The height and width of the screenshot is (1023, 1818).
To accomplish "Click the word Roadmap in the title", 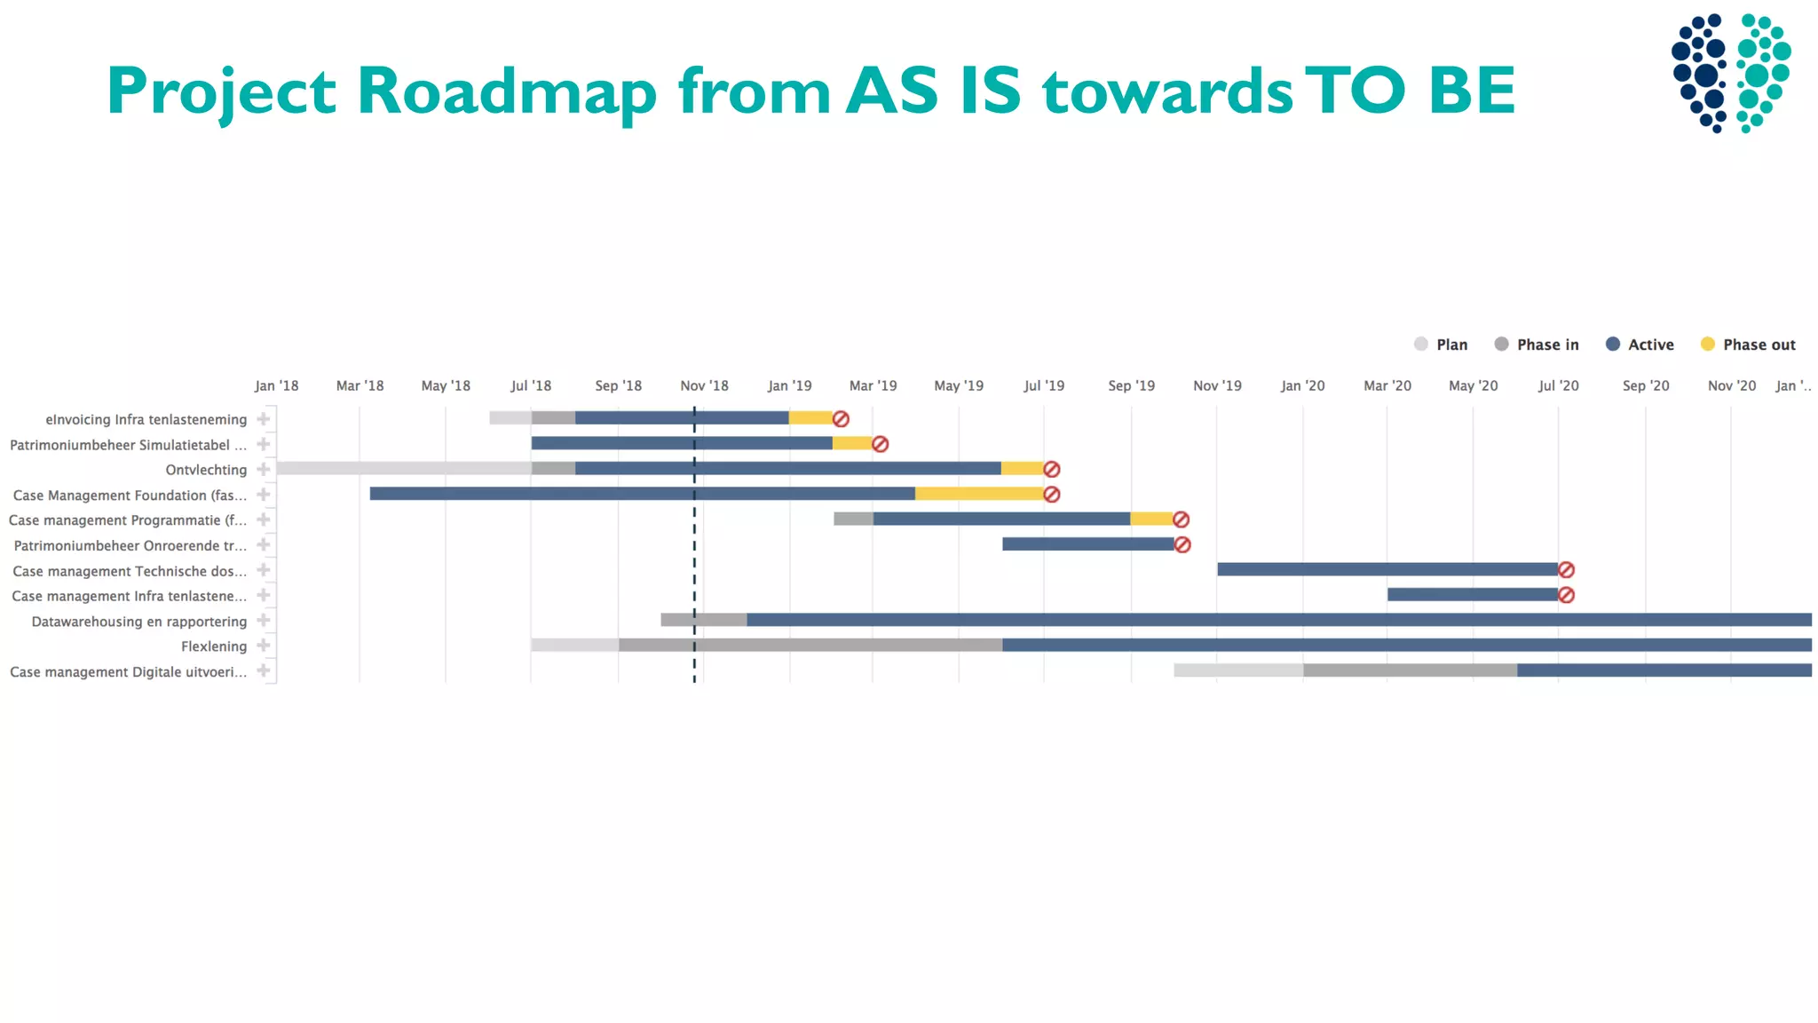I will point(506,91).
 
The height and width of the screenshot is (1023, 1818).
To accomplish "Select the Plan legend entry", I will point(1441,345).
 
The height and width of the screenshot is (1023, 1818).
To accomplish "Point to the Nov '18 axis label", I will point(704,385).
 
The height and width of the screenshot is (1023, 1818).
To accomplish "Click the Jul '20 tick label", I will point(1558,385).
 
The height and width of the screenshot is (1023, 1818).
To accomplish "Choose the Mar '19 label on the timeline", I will point(873,385).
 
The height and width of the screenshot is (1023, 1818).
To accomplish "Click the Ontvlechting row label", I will point(206,470).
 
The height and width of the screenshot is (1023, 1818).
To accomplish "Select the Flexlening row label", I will point(214,646).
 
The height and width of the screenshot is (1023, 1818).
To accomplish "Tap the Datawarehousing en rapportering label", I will point(139,622).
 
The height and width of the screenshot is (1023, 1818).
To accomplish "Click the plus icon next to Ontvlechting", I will point(264,469).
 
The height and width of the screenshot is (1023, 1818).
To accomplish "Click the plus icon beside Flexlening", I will point(264,646).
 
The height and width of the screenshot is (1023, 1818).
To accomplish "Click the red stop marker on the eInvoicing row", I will point(841,419).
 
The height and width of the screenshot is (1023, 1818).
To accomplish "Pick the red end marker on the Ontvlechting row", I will point(1051,469).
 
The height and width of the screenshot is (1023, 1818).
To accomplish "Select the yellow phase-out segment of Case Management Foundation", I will point(978,494).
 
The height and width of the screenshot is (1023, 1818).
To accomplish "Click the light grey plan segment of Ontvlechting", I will point(404,468).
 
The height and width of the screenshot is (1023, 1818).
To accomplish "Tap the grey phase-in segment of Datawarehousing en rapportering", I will point(703,620).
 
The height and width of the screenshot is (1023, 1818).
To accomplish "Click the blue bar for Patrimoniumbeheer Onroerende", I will point(1087,544).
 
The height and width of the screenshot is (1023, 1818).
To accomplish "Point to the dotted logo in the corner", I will point(1731,73).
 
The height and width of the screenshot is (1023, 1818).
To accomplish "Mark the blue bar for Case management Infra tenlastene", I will point(1472,595).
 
